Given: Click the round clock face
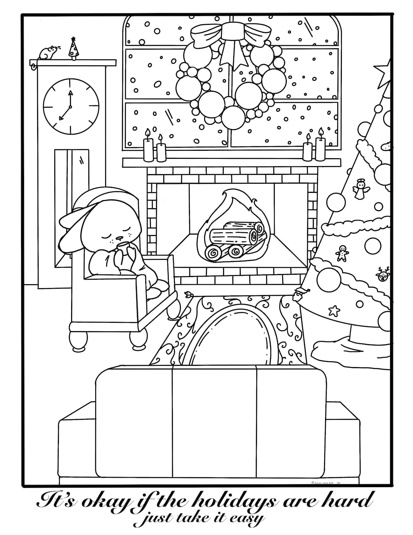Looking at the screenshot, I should click(x=70, y=106).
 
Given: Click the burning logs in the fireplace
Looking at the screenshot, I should click(x=234, y=239).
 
